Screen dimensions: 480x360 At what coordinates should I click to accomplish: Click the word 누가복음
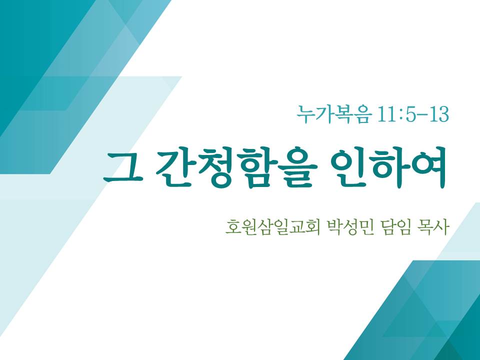point(334,114)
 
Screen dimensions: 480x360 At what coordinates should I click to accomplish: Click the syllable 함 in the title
point(256,168)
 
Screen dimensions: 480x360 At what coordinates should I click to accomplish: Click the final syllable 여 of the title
point(427,168)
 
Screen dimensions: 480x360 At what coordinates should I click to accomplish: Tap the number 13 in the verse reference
point(439,114)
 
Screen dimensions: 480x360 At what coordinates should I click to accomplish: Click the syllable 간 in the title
point(175,168)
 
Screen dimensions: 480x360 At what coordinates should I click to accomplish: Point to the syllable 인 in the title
point(349,168)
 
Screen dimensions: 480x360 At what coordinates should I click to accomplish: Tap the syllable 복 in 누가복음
point(344,114)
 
